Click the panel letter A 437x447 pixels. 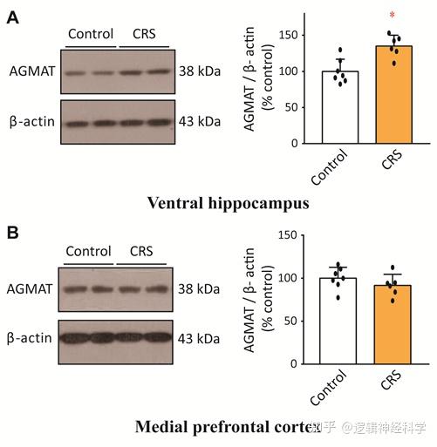point(12,16)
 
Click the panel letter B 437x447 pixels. point(12,234)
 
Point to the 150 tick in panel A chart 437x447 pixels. point(300,35)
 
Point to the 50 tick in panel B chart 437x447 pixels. point(302,321)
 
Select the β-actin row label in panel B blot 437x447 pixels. point(31,337)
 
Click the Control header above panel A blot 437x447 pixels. point(91,35)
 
